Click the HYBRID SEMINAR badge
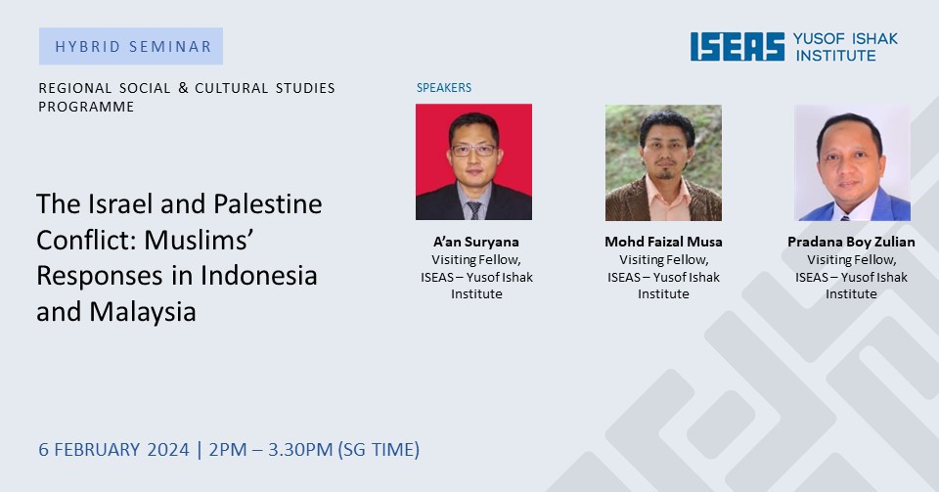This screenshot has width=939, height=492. pyautogui.click(x=131, y=46)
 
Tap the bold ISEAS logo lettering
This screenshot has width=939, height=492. pyautogui.click(x=738, y=47)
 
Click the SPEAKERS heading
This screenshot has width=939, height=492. pyautogui.click(x=444, y=87)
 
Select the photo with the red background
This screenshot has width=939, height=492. pyautogui.click(x=473, y=162)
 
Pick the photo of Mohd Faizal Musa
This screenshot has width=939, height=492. pyautogui.click(x=663, y=162)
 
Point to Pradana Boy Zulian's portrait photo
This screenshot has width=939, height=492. pyautogui.click(x=852, y=162)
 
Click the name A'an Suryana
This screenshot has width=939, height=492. pyautogui.click(x=476, y=242)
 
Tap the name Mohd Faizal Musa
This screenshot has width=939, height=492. pyautogui.click(x=663, y=242)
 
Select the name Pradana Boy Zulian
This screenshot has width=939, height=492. pyautogui.click(x=851, y=242)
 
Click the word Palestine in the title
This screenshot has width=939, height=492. pyautogui.click(x=268, y=204)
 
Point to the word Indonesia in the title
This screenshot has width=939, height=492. pyautogui.click(x=258, y=275)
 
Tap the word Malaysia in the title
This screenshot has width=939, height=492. pyautogui.click(x=143, y=312)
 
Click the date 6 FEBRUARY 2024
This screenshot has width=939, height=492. pyautogui.click(x=113, y=450)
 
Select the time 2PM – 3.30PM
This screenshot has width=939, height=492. pyautogui.click(x=271, y=450)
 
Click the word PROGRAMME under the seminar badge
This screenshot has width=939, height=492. pyautogui.click(x=86, y=107)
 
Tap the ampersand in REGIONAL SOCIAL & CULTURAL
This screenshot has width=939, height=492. pyautogui.click(x=183, y=88)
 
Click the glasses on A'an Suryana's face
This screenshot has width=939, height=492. pyautogui.click(x=473, y=150)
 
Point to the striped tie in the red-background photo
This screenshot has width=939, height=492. pyautogui.click(x=474, y=210)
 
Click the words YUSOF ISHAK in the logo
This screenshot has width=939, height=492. pyautogui.click(x=845, y=39)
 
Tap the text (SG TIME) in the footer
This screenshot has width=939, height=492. pyautogui.click(x=380, y=450)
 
